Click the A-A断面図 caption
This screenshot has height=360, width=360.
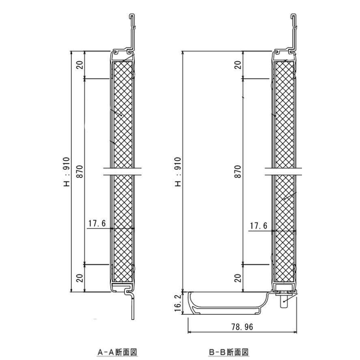click(x=115, y=352)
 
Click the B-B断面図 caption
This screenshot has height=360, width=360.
click(x=229, y=352)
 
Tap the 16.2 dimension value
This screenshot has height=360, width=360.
click(x=178, y=303)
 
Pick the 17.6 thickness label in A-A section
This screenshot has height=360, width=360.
click(x=97, y=223)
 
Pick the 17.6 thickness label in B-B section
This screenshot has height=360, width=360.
click(x=259, y=226)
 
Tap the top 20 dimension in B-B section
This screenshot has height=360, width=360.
click(x=238, y=65)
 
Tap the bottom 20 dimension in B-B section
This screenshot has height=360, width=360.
click(x=238, y=278)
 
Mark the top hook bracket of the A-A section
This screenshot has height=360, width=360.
click(x=132, y=30)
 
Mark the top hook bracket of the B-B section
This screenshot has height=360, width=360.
click(x=294, y=30)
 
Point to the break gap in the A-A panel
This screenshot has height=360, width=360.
click(x=123, y=171)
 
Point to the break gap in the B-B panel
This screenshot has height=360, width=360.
click(x=284, y=171)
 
